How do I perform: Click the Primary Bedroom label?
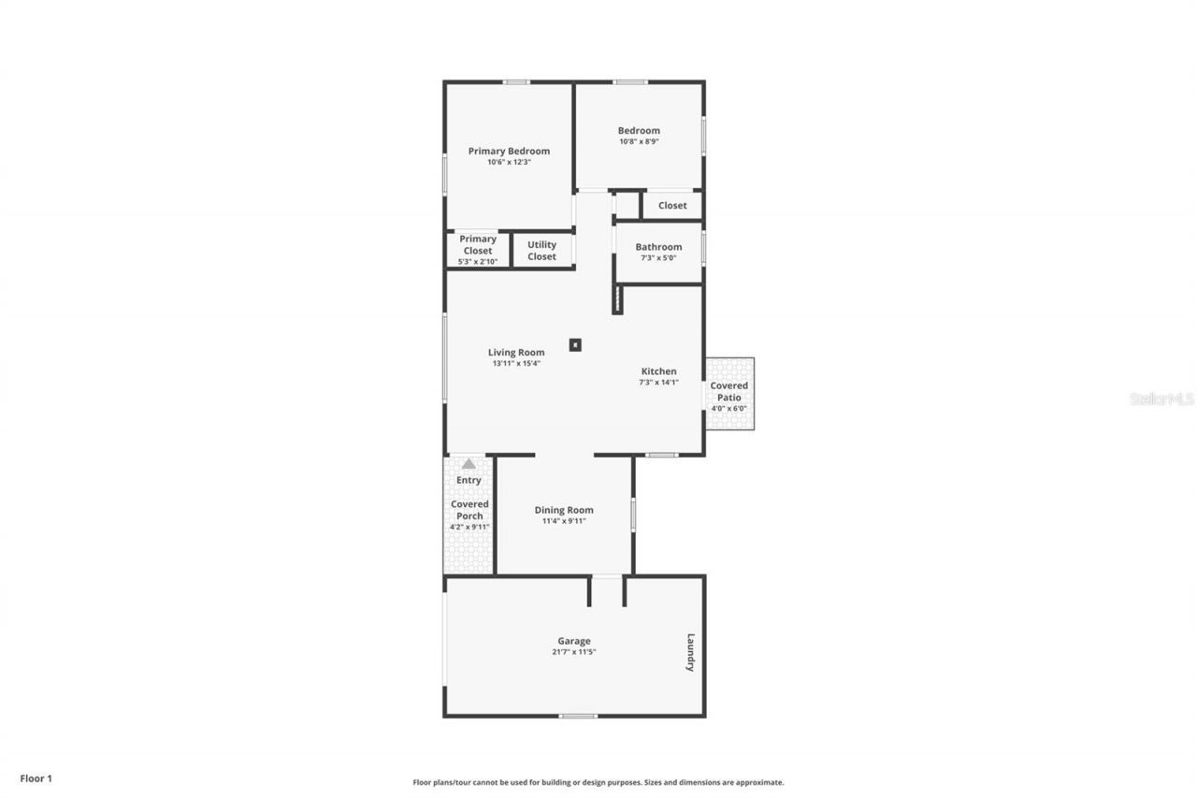point(509,151)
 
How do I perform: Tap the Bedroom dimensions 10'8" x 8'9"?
point(639,142)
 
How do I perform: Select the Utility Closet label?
point(541,251)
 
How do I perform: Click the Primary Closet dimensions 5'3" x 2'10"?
point(477,262)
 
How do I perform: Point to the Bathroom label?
point(658,247)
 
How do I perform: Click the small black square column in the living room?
point(576,344)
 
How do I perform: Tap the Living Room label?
point(516,353)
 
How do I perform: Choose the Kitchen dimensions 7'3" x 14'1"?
point(658,382)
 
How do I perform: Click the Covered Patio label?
point(728,391)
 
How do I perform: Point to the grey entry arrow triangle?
point(469,463)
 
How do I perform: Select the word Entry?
point(469,480)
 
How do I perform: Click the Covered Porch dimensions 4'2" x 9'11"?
point(469,527)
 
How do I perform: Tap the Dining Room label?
point(564,510)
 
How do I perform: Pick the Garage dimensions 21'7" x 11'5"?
point(573,652)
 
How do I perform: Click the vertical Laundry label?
point(690,652)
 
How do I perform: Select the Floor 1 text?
point(36,777)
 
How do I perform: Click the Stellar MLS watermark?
point(1162,399)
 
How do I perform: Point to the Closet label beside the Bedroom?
point(672,205)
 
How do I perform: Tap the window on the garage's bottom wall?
point(578,716)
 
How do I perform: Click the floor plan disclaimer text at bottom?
point(598,782)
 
